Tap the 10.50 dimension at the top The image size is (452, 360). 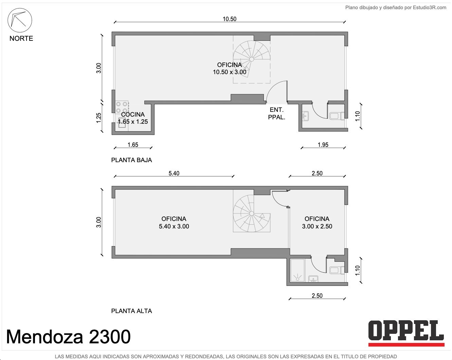tap(230, 19)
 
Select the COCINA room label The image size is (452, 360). tap(133, 115)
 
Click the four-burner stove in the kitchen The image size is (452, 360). tap(122, 107)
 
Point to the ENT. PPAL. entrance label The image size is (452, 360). tap(277, 114)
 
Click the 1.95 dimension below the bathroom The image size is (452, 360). tap(323, 145)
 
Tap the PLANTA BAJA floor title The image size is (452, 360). tap(131, 160)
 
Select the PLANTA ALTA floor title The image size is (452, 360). tap(131, 311)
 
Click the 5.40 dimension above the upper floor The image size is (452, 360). tap(174, 173)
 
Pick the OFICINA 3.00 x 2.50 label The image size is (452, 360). tap(317, 223)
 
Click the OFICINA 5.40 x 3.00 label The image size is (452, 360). tap(174, 223)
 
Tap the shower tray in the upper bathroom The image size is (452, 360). tap(297, 270)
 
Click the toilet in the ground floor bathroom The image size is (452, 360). tap(337, 116)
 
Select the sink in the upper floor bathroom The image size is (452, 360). tap(313, 279)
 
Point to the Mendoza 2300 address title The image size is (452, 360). tap(69, 337)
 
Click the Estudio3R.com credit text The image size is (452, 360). tap(396, 8)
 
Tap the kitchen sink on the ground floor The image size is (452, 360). tap(122, 123)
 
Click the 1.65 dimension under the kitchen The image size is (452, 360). tap(133, 145)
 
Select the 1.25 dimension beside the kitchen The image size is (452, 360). tap(99, 118)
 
